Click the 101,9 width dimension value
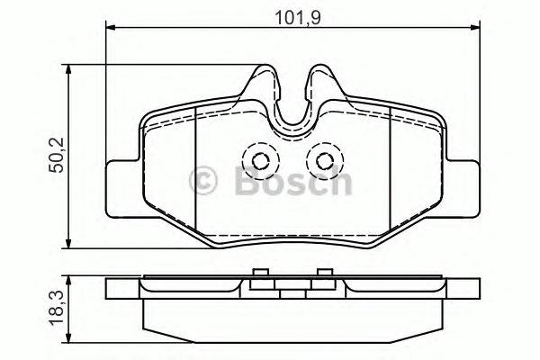pos(298,18)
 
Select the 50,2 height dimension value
pos(56,155)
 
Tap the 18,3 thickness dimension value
pos(56,308)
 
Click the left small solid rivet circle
pos(260,161)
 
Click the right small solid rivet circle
pos(325,161)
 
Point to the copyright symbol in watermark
pos(203,180)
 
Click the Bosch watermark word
pos(293,180)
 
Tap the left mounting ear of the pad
pos(123,189)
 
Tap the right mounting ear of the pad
pos(463,189)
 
